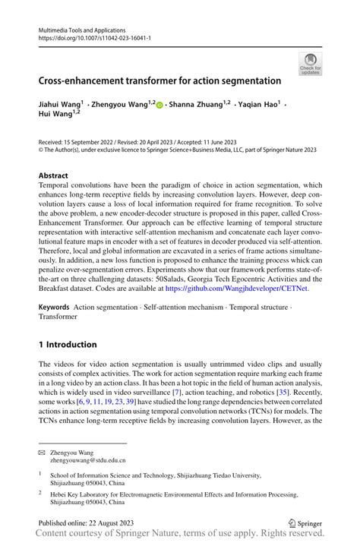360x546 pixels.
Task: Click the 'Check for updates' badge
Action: (311, 64)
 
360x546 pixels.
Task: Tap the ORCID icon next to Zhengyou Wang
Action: (159, 104)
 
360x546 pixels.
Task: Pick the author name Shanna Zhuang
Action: (197, 103)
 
